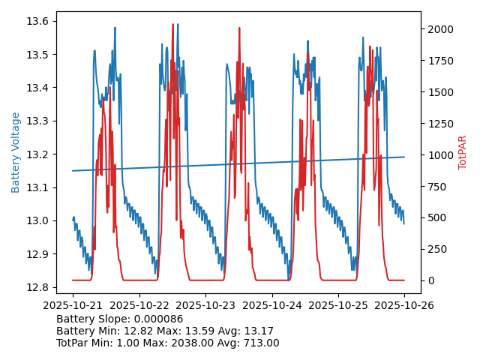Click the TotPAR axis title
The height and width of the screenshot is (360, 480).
pos(462,152)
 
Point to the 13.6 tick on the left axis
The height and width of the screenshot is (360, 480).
pos(39,21)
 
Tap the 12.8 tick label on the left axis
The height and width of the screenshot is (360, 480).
pos(39,287)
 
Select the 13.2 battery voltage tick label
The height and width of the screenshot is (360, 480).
pos(39,154)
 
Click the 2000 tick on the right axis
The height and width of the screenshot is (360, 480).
pos(438,29)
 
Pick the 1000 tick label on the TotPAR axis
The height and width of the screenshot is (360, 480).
pos(438,155)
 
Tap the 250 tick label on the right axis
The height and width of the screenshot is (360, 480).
pos(435,250)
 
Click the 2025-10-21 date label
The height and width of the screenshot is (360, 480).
pos(73,305)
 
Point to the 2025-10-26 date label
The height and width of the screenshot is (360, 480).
pos(404,305)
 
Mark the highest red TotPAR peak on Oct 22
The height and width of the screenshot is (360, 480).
pos(172,25)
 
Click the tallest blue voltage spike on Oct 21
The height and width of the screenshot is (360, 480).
pos(115,28)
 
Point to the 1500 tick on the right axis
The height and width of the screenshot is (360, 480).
pos(438,92)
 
